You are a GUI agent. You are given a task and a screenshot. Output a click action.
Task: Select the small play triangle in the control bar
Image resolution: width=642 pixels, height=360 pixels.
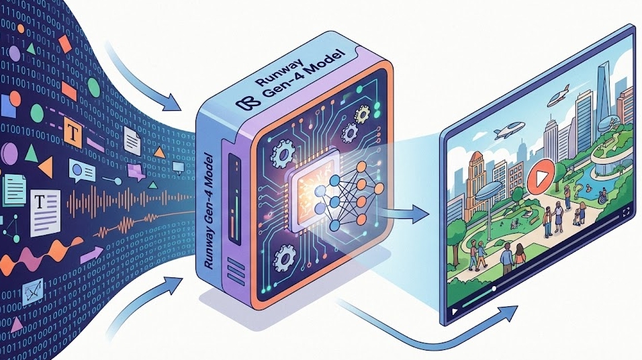[455, 311]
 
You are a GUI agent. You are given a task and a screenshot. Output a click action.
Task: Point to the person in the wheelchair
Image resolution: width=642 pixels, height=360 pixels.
[603, 195]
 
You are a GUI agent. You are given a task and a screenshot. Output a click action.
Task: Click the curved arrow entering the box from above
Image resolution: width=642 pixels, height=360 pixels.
[144, 81]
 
